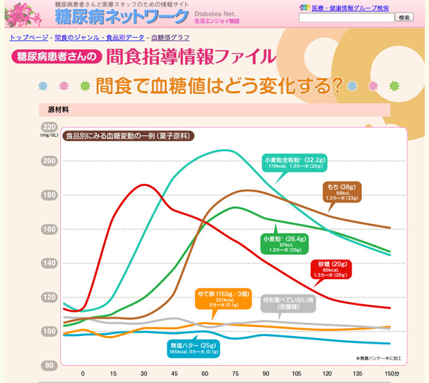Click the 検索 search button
(x=404, y=17)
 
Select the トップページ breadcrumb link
(x=29, y=37)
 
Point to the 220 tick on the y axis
(x=49, y=127)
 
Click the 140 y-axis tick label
(x=49, y=263)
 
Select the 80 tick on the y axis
(x=49, y=366)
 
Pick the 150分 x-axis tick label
(x=392, y=374)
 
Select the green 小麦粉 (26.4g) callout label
(x=284, y=243)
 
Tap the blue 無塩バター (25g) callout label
(x=193, y=348)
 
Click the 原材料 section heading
(x=58, y=109)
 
